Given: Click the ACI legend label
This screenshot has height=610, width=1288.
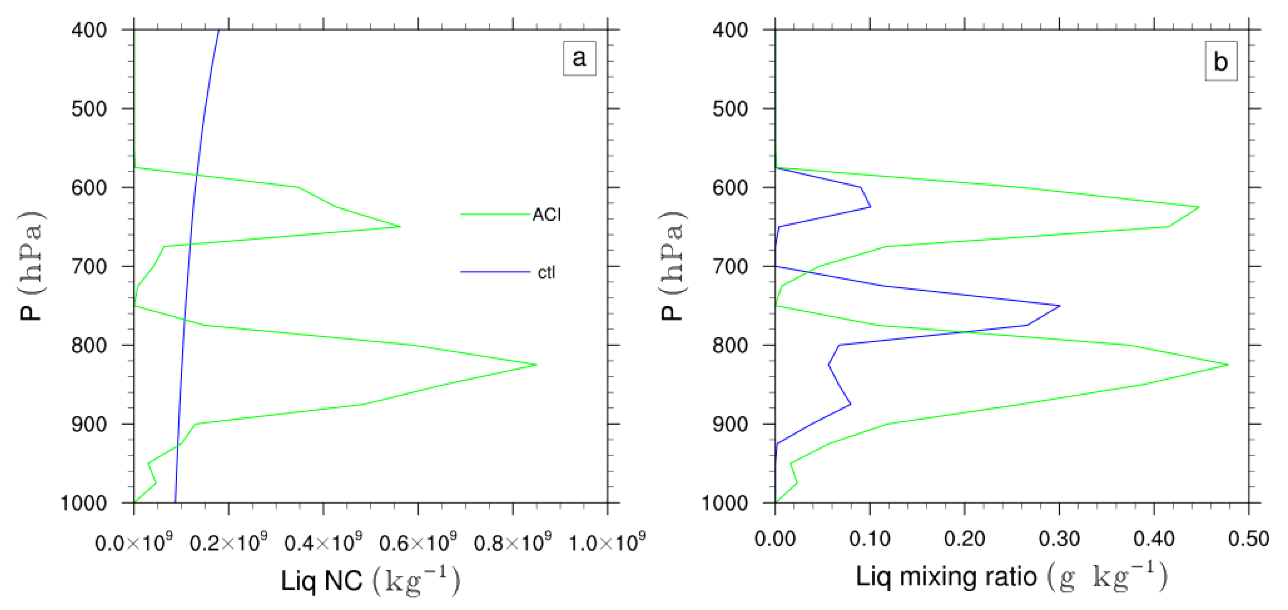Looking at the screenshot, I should tap(546, 215).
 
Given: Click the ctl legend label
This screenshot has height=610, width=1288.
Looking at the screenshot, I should tap(546, 273).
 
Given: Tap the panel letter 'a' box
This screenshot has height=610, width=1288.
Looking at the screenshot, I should tap(579, 58).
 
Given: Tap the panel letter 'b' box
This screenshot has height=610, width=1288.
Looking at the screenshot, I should tap(1220, 62).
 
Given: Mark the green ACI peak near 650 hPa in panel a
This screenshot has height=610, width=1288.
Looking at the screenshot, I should tap(400, 227).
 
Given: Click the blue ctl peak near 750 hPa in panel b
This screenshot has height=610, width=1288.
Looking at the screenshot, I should tap(1060, 306).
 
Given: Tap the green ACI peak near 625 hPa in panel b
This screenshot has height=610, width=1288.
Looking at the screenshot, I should tap(1199, 207).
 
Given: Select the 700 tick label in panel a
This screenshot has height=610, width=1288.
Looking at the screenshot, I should tap(89, 266).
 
